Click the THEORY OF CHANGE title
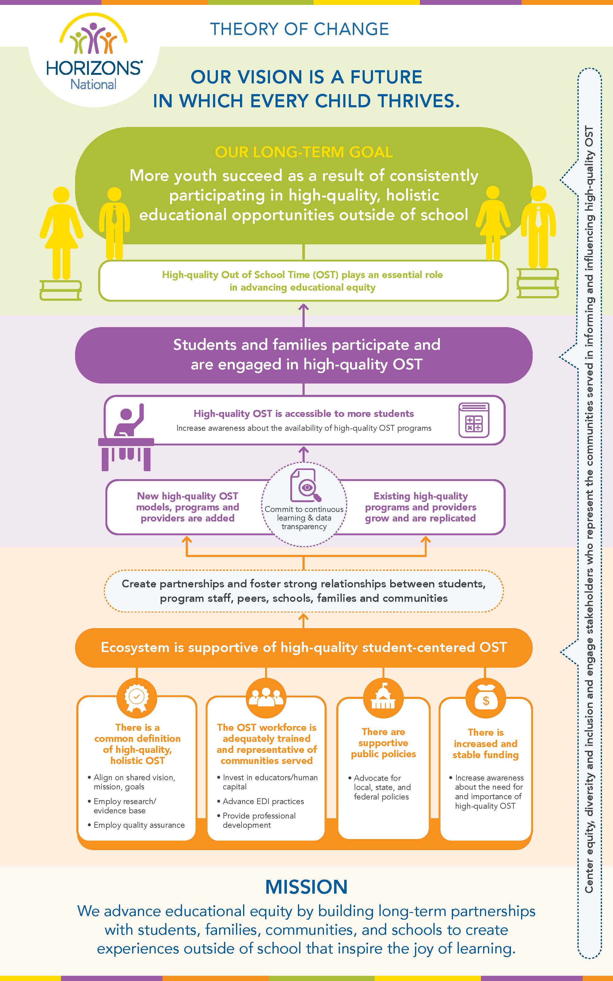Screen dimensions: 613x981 pyautogui.click(x=300, y=29)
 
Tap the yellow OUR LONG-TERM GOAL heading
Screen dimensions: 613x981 pyautogui.click(x=304, y=152)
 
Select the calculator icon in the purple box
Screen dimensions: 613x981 pyautogui.click(x=474, y=420)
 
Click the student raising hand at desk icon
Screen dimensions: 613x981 pyautogui.click(x=126, y=437)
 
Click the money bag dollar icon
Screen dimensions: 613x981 pyautogui.click(x=486, y=698)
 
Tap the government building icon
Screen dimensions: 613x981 pyautogui.click(x=383, y=698)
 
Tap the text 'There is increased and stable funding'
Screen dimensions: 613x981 pyautogui.click(x=486, y=743)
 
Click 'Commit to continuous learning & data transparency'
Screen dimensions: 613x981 pyautogui.click(x=304, y=518)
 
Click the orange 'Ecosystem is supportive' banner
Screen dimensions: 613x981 pyautogui.click(x=304, y=647)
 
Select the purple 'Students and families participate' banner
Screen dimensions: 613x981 pyautogui.click(x=304, y=355)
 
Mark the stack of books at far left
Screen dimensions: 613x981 pyautogui.click(x=61, y=290)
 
